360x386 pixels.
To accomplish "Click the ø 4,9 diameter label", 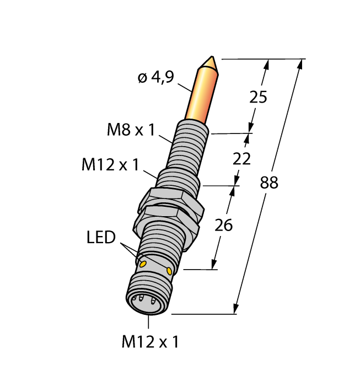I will pyautogui.click(x=155, y=78).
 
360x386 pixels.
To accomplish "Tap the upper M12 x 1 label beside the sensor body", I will pyautogui.click(x=110, y=164).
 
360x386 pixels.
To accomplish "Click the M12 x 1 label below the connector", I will pyautogui.click(x=150, y=342).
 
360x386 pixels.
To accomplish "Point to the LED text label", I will pyautogui.click(x=101, y=238).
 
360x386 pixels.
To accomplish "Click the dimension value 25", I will pyautogui.click(x=258, y=97).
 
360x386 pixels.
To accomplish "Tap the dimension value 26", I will pyautogui.click(x=224, y=225).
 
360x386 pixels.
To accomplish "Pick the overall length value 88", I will pyautogui.click(x=269, y=183).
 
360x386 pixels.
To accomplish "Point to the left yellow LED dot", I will pyautogui.click(x=143, y=264).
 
